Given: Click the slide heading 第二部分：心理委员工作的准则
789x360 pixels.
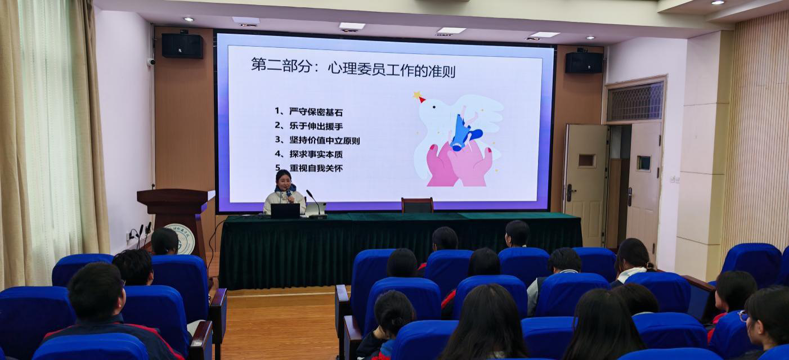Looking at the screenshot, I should [x=353, y=67].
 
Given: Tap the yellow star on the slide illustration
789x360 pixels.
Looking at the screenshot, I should [x=418, y=96].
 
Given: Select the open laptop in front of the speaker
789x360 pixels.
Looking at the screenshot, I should [x=285, y=210].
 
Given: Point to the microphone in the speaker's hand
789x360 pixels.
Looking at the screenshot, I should [x=289, y=195].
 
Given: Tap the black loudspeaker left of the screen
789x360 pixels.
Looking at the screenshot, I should [x=182, y=46].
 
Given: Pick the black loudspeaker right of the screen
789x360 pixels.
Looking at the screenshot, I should [x=584, y=62].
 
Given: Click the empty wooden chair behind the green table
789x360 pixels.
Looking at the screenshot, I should [x=417, y=205].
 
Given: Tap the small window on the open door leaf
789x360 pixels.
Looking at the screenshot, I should [x=586, y=160].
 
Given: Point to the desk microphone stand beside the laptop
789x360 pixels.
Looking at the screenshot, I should [x=315, y=205].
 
